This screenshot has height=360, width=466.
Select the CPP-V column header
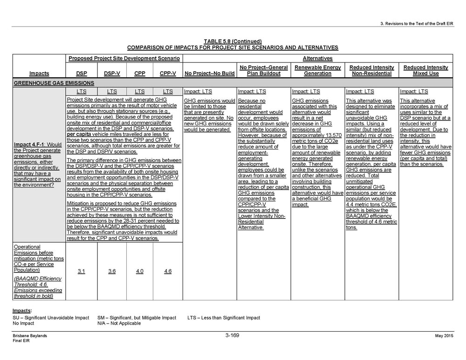[168, 74]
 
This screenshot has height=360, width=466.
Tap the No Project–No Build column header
[209, 74]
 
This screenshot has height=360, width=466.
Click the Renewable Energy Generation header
[317, 70]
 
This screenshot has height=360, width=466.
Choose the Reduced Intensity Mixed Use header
[425, 70]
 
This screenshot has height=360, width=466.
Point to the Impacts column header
[39, 74]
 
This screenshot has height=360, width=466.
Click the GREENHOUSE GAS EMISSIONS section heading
[54, 83]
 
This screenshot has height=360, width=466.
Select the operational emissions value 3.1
[81, 271]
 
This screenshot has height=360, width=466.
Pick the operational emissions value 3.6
[112, 271]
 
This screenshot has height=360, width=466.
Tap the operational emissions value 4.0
[139, 271]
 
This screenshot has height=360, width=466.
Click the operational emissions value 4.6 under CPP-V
[168, 271]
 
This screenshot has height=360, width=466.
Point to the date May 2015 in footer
[444, 336]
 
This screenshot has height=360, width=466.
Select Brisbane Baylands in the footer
[30, 336]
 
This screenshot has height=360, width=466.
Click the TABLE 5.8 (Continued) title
[232, 41]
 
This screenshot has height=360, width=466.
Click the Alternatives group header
[317, 59]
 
